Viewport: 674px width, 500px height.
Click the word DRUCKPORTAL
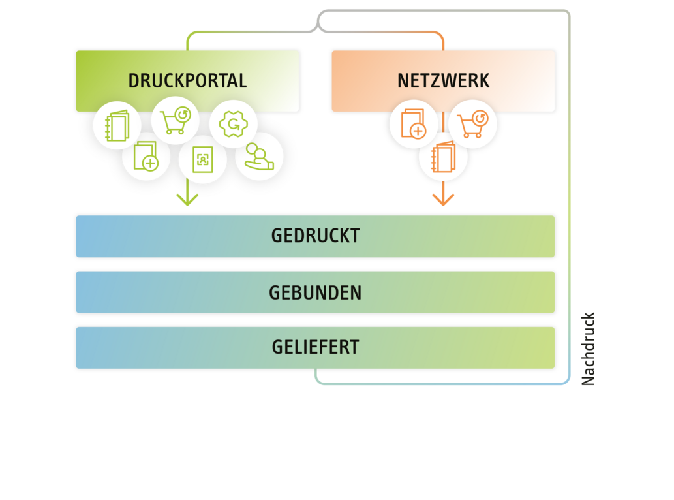[187, 81]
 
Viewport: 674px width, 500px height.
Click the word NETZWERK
[443, 81]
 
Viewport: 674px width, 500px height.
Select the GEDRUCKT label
[315, 236]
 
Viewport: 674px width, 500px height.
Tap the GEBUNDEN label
[315, 292]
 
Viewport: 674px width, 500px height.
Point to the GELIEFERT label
[315, 347]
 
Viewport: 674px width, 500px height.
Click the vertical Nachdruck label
[588, 349]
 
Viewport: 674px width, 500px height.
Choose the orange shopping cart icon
[472, 124]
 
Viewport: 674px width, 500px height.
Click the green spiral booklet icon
[117, 127]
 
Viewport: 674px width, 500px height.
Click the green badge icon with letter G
[233, 125]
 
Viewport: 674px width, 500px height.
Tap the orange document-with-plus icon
[414, 124]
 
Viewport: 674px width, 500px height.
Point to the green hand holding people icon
[259, 157]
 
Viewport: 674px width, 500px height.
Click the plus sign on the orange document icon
[418, 131]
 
